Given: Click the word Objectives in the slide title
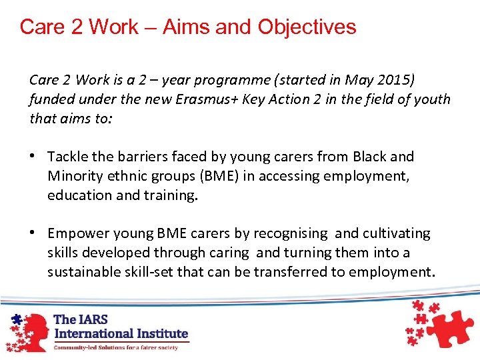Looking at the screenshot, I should coord(307,27).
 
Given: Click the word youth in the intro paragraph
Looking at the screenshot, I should coord(431,99).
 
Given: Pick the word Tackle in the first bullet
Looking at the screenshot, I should coord(69,157).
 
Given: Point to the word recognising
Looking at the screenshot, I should coord(290,233).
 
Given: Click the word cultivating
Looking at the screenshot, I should coord(397,233).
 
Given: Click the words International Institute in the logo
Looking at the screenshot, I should coord(121,333).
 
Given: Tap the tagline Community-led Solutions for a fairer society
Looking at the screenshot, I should coord(116,347).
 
